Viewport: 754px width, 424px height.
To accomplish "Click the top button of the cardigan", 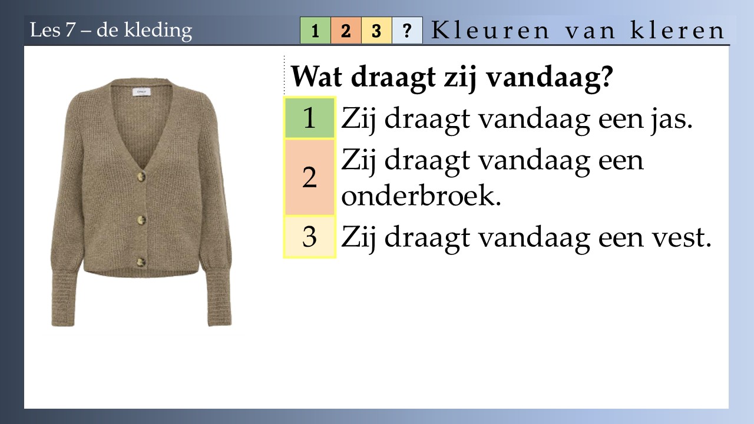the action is (141, 176).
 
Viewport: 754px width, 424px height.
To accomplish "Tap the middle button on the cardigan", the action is (142, 220).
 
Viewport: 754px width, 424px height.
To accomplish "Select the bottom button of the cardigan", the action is (141, 263).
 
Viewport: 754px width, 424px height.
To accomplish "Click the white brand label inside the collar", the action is (142, 92).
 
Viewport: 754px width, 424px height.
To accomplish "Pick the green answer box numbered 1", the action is (310, 118).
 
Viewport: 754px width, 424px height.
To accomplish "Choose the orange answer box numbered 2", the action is (310, 177).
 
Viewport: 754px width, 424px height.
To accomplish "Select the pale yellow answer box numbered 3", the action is (310, 237).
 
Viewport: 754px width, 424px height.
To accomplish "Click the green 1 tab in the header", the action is (315, 30).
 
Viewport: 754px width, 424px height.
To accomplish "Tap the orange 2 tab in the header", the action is (346, 30).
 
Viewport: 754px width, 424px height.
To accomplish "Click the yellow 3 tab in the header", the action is (376, 30).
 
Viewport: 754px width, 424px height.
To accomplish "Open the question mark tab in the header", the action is (407, 30).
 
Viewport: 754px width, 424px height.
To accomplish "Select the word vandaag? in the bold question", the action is (550, 78).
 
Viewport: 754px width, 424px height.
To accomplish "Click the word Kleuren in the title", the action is (490, 31).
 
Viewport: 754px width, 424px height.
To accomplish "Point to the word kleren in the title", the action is (677, 31).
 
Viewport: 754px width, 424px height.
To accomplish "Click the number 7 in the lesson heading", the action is (70, 30).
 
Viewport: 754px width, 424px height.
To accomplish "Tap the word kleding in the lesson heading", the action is (158, 31).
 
